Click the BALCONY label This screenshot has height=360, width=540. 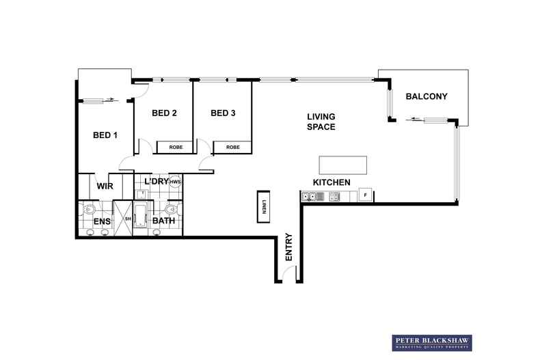point(427,96)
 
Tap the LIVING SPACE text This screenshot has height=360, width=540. point(321,122)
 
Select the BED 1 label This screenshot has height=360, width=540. point(105,135)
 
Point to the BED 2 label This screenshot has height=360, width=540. point(164,113)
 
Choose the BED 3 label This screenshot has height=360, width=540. point(223,113)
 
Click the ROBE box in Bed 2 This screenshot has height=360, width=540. point(175,148)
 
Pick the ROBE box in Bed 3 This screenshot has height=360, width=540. point(232,148)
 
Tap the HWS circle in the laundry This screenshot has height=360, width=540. point(175,182)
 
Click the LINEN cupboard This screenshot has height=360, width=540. point(263,206)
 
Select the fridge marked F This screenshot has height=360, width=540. point(366,195)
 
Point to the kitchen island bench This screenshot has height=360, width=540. point(342,165)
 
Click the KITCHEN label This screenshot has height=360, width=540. point(332,182)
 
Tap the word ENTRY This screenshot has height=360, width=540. point(288,247)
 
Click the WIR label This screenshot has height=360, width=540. point(105,186)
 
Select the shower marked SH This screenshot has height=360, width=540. point(123,219)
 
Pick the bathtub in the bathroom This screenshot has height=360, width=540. point(141,216)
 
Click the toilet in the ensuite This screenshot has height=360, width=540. point(90,208)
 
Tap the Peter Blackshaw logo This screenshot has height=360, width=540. point(432,343)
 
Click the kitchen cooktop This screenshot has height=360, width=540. point(334,197)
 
